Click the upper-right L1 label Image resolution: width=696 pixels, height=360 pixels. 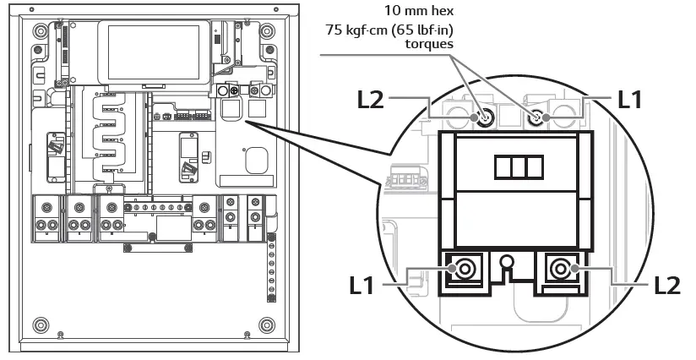[x=634, y=100]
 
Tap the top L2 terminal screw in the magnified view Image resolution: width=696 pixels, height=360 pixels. [x=485, y=118]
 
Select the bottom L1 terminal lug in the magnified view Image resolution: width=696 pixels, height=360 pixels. [x=463, y=271]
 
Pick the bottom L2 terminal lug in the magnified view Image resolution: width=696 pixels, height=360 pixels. [x=559, y=271]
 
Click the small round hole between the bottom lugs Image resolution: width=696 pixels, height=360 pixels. [x=507, y=263]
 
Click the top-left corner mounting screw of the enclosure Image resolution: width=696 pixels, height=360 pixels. [x=41, y=31]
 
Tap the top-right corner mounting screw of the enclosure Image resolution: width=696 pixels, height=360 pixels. [x=267, y=31]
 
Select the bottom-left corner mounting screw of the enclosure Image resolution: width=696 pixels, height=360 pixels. [x=41, y=324]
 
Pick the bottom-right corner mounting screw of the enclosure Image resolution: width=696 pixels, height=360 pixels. [x=267, y=324]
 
